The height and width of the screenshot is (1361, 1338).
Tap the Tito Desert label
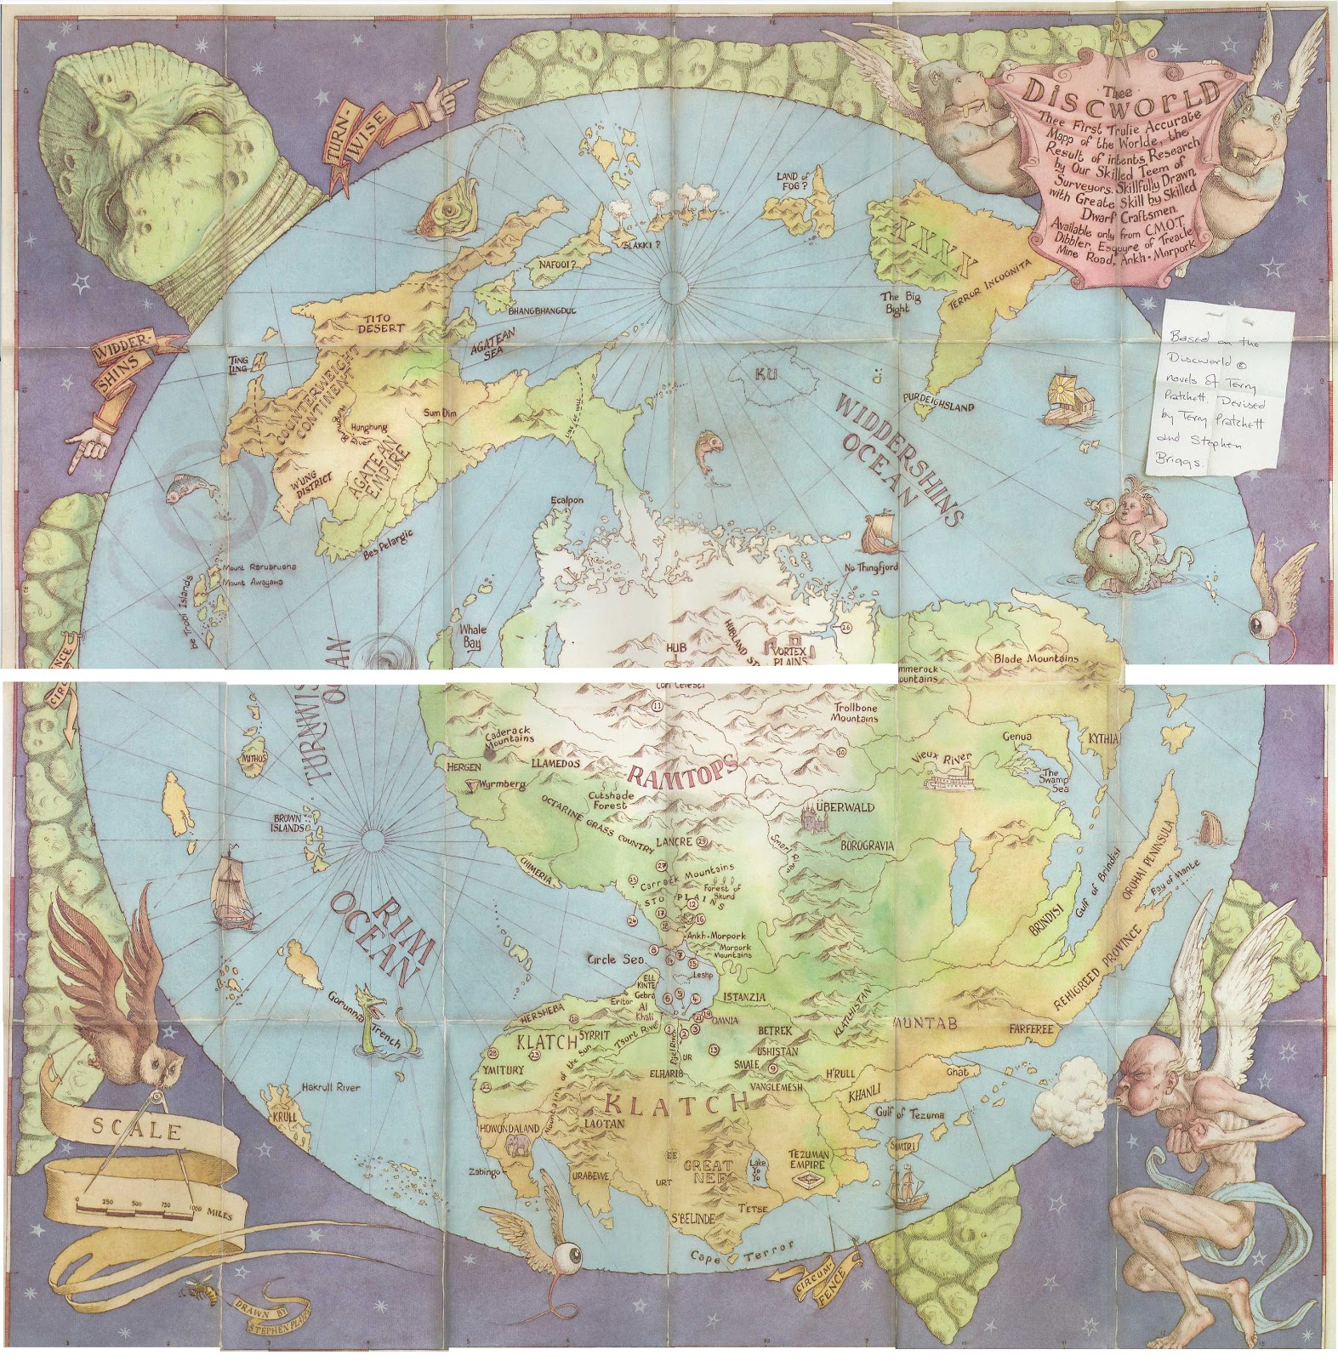[381, 323]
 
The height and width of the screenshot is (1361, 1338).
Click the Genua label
[1016, 737]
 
